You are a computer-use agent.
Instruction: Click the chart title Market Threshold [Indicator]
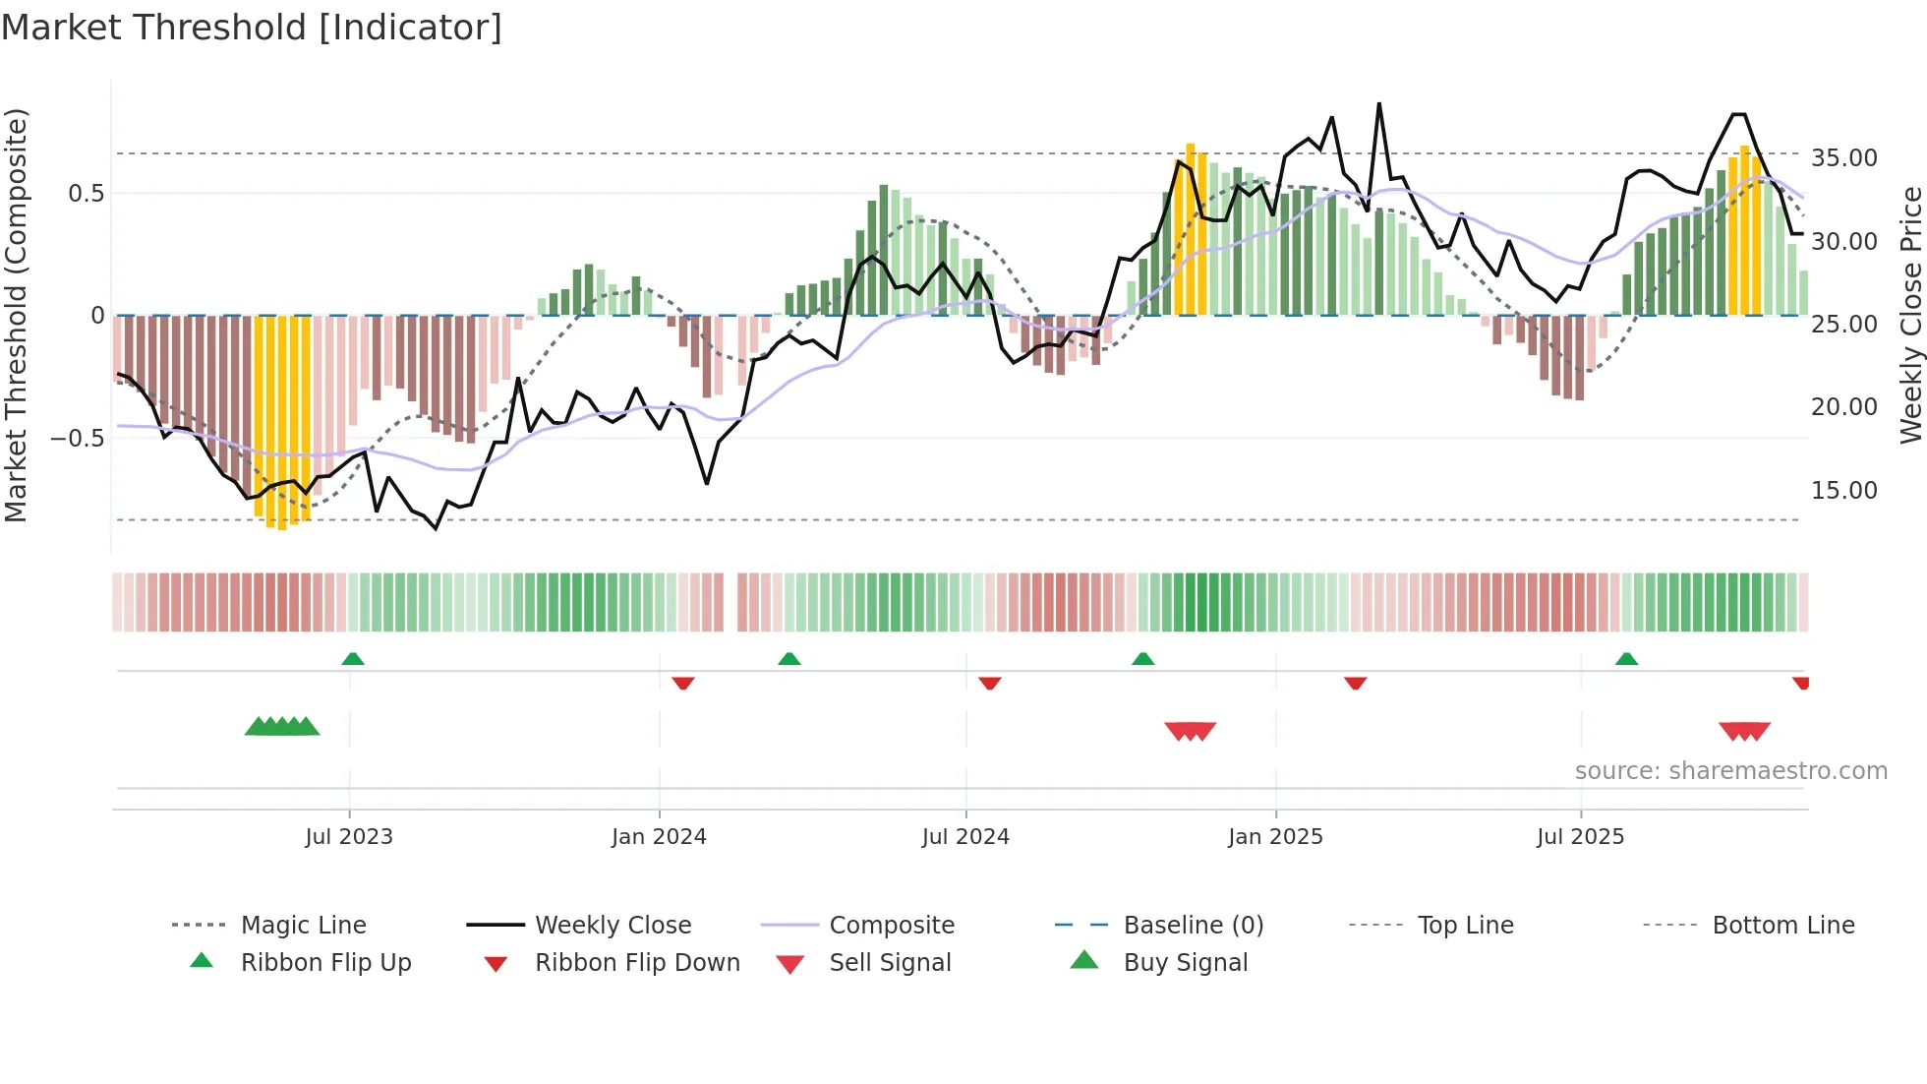pos(252,28)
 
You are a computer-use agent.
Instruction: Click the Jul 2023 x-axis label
pos(348,836)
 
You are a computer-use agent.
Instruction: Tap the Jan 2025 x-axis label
pos(1275,836)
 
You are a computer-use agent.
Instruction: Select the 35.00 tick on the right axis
pos(1843,157)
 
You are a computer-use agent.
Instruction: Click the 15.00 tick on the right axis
pos(1843,490)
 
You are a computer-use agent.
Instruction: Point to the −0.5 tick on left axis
pos(77,438)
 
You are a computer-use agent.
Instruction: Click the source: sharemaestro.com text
pos(1730,770)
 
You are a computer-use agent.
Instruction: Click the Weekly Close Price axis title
pos(1910,315)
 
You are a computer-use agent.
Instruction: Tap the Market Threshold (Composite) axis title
pos(16,315)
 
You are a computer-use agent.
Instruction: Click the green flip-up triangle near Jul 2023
pos(353,659)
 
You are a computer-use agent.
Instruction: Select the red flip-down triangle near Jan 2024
pos(683,683)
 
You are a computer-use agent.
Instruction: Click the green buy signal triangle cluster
pos(282,727)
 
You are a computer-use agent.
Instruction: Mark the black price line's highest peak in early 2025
pos(1378,104)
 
